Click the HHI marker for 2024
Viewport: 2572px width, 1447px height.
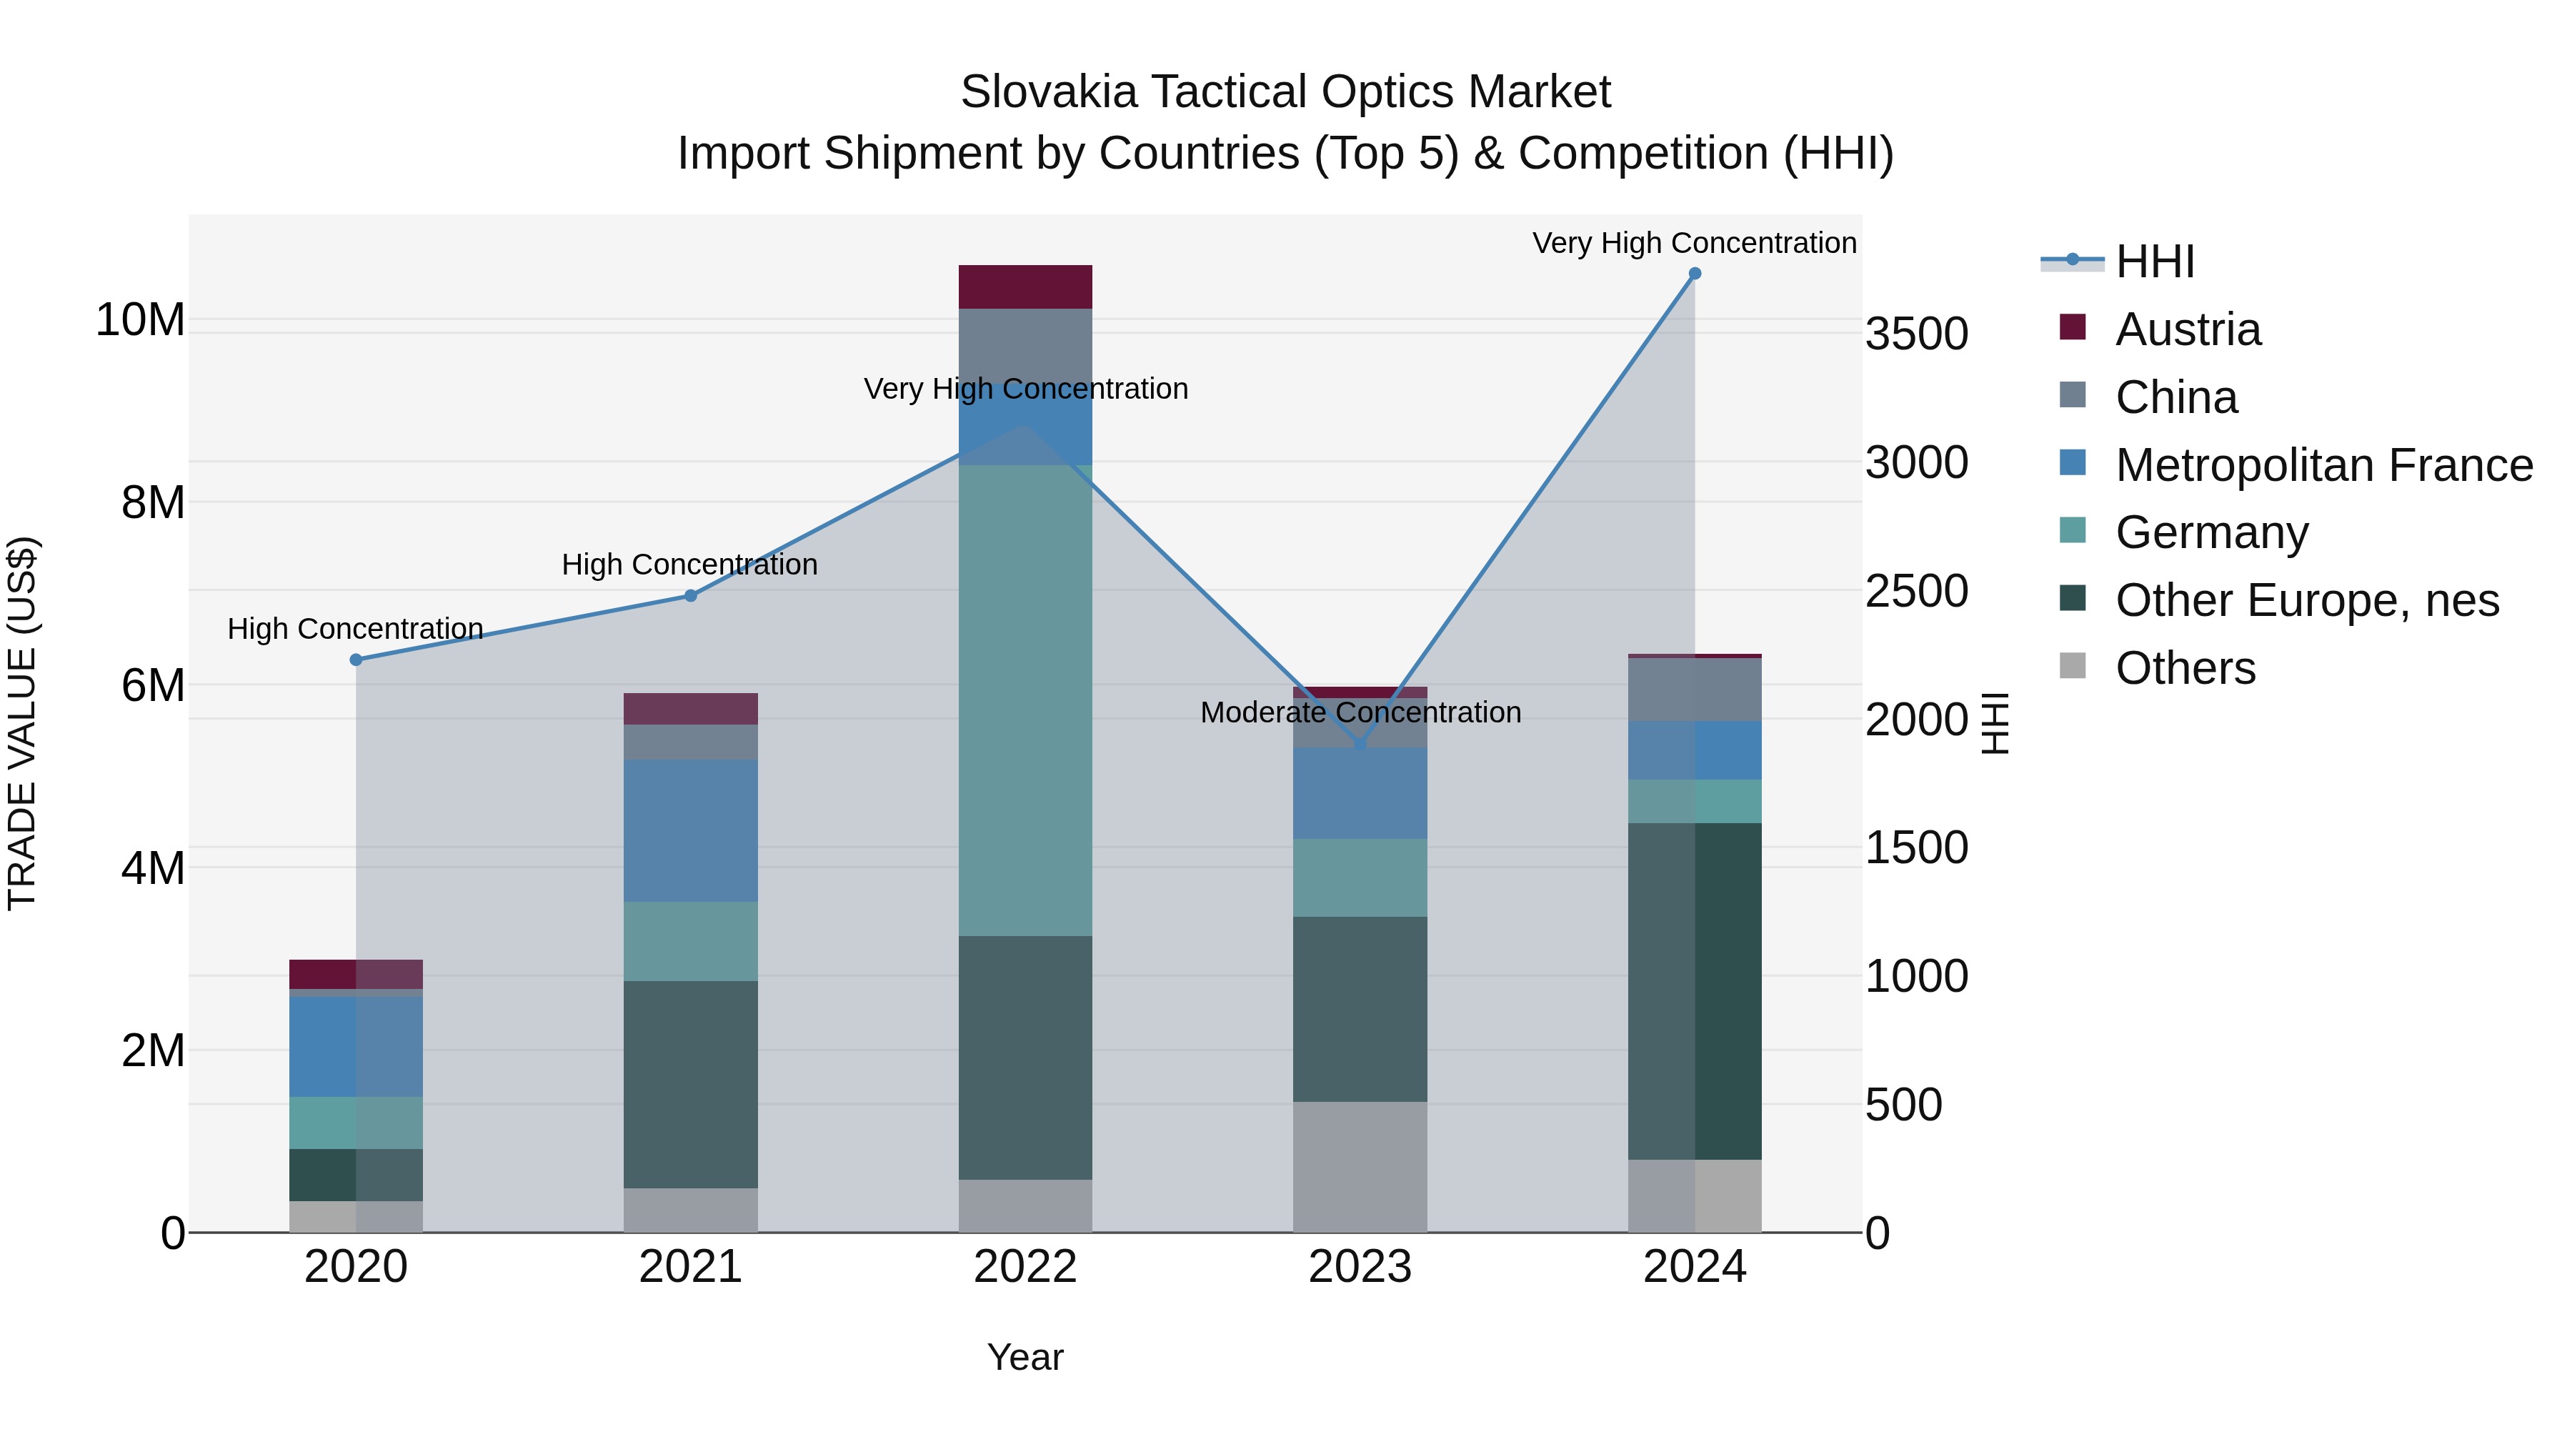1695,274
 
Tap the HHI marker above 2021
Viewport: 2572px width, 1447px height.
691,596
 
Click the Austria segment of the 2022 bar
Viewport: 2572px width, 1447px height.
1025,287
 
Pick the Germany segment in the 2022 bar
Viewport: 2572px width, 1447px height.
1025,699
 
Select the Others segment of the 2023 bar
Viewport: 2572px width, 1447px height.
1360,1166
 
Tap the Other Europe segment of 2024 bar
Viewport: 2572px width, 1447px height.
1695,990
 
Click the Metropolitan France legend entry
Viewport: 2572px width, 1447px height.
2323,465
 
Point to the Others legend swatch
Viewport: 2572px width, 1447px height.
2073,666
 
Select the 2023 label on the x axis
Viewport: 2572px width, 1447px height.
1360,1267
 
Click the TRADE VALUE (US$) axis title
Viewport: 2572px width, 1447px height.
22,723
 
